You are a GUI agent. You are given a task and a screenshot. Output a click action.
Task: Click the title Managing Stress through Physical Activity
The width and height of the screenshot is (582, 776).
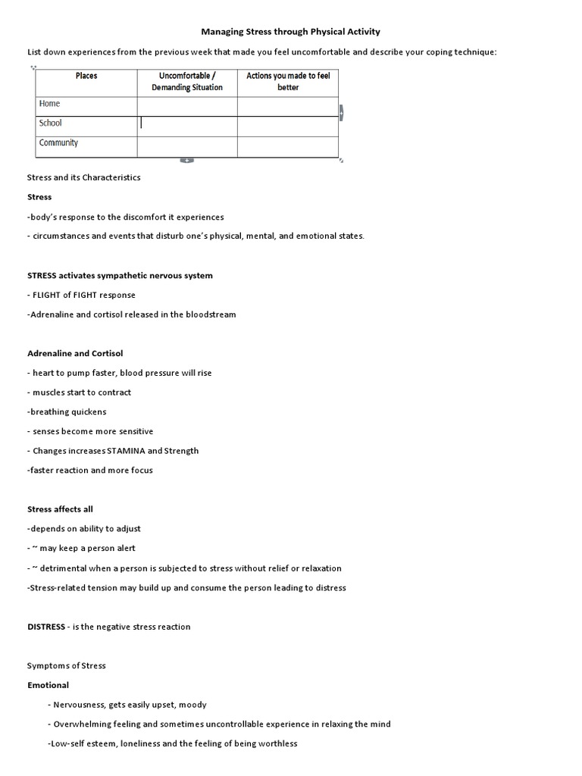click(x=290, y=32)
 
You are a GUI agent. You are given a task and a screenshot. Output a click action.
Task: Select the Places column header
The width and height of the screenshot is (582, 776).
click(x=86, y=76)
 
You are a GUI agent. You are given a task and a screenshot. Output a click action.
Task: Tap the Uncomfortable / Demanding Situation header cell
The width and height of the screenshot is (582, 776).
click(x=186, y=81)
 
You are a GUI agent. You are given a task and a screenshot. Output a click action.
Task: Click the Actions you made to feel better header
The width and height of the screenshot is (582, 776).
click(x=288, y=81)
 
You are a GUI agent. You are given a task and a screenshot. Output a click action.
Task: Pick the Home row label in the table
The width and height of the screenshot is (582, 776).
click(x=49, y=104)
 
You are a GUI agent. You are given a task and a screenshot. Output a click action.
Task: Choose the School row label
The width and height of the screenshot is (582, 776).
click(x=51, y=123)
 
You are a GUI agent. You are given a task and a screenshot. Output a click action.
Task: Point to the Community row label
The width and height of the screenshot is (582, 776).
click(x=58, y=142)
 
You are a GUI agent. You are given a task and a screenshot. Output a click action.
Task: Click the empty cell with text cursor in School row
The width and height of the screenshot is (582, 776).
click(x=186, y=124)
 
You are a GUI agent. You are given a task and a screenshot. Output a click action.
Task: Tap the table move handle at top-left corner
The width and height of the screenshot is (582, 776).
click(x=33, y=67)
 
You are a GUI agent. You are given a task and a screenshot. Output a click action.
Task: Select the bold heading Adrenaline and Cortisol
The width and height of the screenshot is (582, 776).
click(x=74, y=353)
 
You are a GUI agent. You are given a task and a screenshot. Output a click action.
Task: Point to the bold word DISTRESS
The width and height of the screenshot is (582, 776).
click(x=47, y=627)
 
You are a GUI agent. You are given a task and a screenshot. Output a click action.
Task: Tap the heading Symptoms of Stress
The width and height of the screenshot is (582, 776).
click(x=67, y=665)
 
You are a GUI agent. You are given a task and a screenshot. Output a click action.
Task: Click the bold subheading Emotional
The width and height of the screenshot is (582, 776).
click(x=48, y=685)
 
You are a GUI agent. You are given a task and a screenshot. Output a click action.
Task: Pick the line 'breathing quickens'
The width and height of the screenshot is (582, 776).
click(x=68, y=411)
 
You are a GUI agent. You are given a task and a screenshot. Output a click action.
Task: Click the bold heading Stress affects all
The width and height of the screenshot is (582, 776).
click(x=60, y=509)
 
